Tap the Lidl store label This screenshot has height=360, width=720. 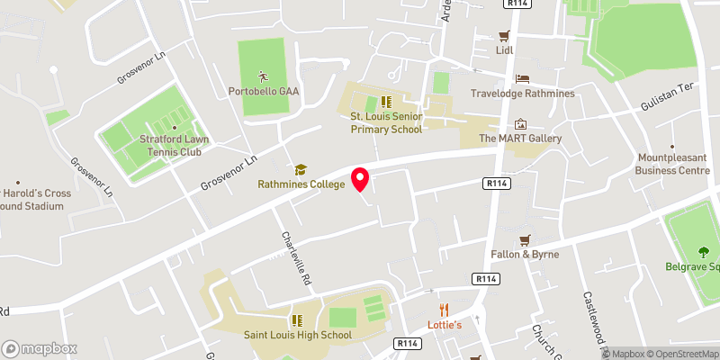point(503,50)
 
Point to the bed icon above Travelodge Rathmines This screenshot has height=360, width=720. point(522,79)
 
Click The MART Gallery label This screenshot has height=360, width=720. point(520,139)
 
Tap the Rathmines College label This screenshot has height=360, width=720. point(301,184)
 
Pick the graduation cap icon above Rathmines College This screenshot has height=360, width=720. point(301,169)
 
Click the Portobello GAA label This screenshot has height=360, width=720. point(263,91)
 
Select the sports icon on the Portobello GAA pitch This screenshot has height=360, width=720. point(263,76)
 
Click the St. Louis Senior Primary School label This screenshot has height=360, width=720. point(386,123)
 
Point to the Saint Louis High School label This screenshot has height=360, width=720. point(297,336)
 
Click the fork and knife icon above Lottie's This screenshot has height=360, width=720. point(444,310)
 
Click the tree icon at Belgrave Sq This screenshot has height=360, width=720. point(702,252)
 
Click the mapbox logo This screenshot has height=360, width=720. point(40,348)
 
